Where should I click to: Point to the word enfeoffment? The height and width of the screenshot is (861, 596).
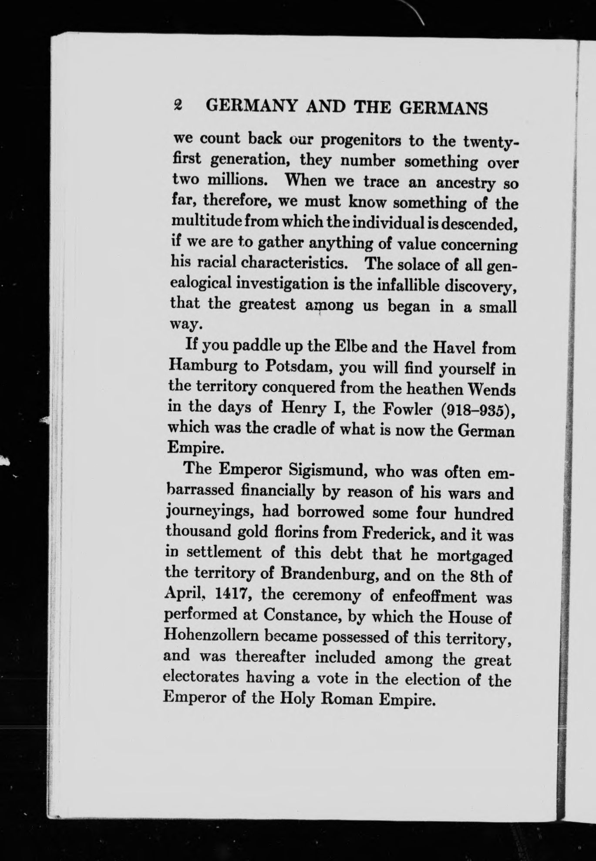(x=431, y=596)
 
